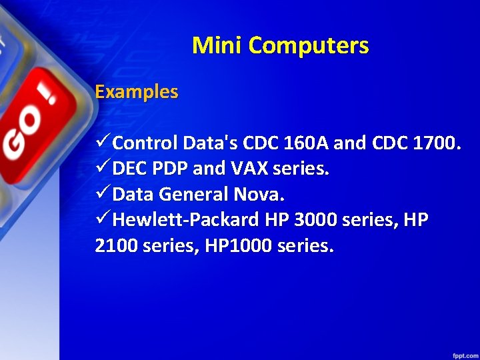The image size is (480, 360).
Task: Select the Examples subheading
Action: tap(137, 91)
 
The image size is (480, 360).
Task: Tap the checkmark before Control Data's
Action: tap(103, 142)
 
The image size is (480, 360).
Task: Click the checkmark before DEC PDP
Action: tap(103, 168)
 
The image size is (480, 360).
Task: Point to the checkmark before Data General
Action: tap(103, 194)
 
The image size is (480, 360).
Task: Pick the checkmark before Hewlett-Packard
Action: tap(103, 220)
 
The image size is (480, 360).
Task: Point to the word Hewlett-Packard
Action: tap(187, 221)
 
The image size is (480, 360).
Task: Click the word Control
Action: tap(145, 143)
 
